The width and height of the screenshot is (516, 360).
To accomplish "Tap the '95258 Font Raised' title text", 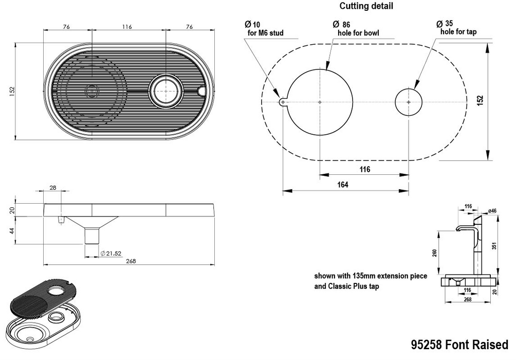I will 459,344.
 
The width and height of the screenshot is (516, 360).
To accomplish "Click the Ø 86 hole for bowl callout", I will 358,29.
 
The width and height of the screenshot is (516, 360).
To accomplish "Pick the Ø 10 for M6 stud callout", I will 265,29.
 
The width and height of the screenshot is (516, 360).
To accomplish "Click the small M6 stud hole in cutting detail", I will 283,102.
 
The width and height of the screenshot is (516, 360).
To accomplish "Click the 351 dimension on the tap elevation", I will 494,246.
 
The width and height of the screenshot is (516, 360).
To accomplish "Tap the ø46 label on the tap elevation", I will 492,210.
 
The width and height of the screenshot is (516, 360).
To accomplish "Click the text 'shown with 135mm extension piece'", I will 370,276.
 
